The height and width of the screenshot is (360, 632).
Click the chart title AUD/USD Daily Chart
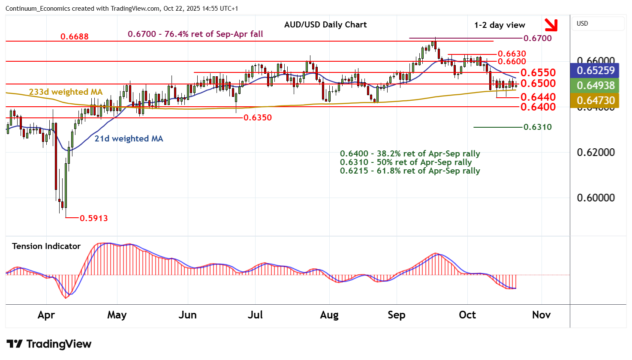coord(325,25)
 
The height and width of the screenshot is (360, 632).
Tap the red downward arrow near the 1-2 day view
coord(551,25)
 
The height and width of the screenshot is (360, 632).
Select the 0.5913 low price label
coord(94,218)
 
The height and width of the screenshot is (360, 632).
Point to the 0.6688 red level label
coord(75,36)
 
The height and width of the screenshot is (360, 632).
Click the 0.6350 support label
coord(258,117)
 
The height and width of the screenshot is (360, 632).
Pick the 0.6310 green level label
coord(538,127)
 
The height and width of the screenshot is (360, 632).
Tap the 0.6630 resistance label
coord(512,54)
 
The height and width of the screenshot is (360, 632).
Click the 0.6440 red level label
coord(538,97)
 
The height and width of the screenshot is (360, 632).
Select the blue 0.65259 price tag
coord(596,70)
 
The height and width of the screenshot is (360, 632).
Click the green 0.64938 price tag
coord(596,85)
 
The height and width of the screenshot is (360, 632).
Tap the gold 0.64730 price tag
coord(596,100)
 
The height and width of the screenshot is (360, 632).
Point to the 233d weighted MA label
coord(66,92)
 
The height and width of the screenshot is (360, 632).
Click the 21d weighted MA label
coord(129,138)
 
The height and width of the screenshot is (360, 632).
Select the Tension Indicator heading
coord(46,246)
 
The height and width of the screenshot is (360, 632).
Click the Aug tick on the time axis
coord(329,315)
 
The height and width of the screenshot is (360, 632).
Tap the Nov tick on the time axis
coord(541,315)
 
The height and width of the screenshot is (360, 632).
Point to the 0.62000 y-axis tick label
coord(596,152)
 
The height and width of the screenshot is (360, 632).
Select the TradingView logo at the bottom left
coord(49,344)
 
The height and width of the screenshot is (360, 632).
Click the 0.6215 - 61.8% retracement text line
coord(410,171)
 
